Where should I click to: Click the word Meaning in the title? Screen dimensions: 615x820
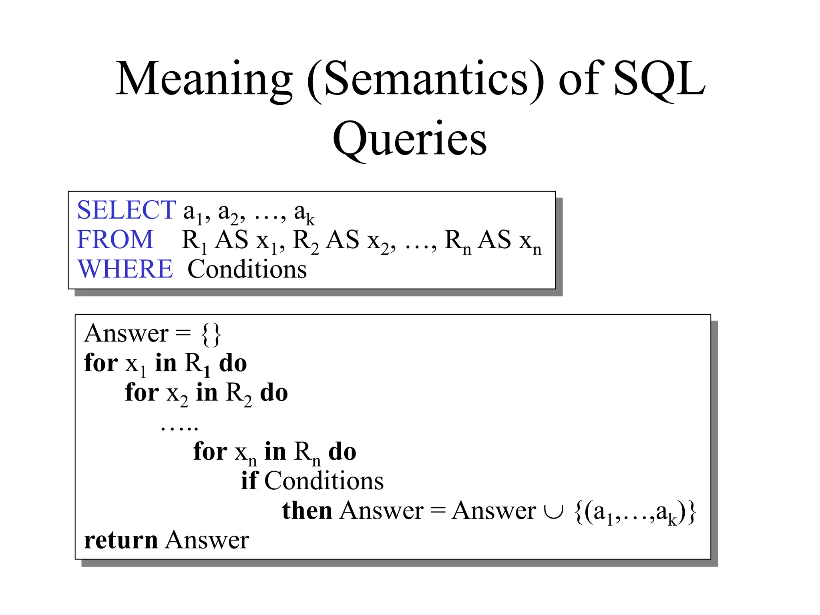[204, 79]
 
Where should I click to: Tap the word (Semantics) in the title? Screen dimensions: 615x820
[426, 79]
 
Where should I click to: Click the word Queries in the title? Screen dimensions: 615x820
[410, 139]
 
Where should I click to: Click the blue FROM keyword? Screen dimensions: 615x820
[115, 239]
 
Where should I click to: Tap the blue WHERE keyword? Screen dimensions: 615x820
[125, 269]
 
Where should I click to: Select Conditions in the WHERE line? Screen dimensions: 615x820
[247, 269]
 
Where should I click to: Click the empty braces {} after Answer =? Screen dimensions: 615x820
[211, 334]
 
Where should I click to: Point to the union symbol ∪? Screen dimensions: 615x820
[554, 511]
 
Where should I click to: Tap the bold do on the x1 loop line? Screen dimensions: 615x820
[233, 363]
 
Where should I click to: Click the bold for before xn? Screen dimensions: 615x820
[210, 451]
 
